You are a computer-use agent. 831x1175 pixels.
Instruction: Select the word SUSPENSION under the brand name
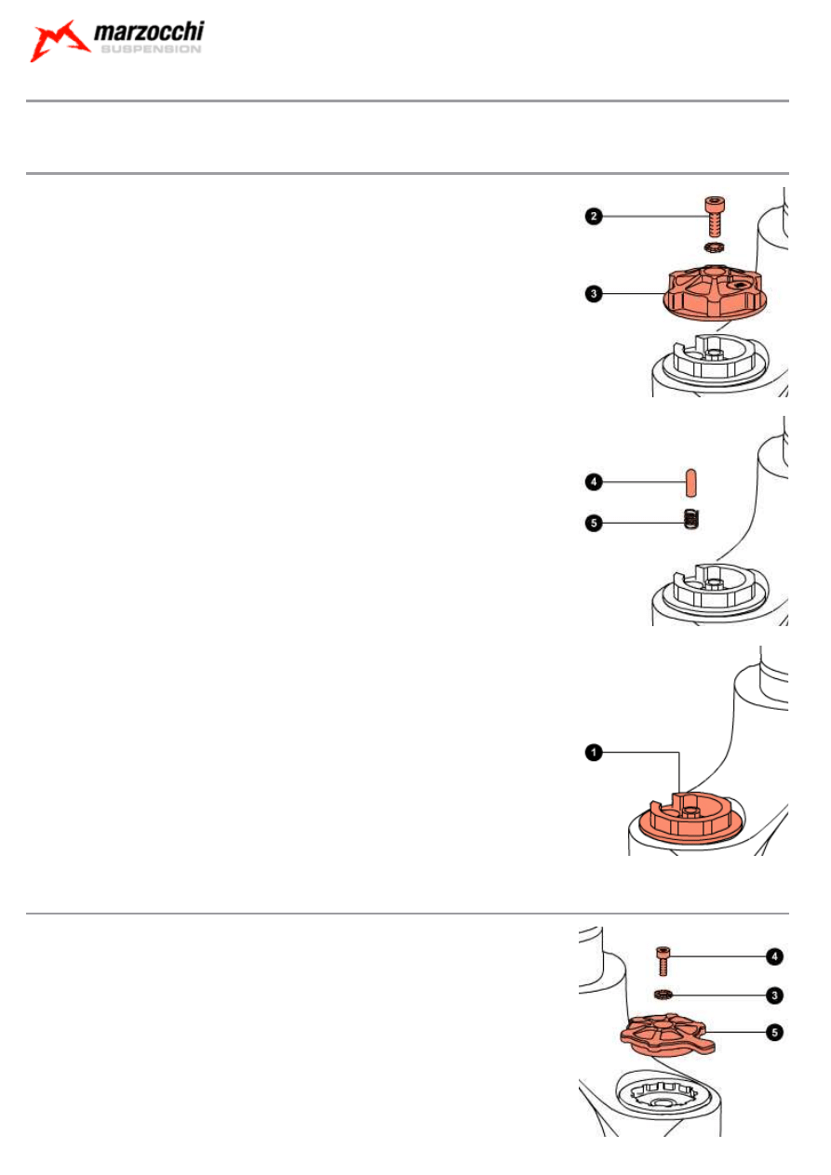149,50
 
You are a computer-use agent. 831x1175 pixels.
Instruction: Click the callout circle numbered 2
592,217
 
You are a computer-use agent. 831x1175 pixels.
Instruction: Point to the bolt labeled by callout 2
713,217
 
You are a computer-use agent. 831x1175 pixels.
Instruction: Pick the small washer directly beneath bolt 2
713,247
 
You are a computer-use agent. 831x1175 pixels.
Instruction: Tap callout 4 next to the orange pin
592,482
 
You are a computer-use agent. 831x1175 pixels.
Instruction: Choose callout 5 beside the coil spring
592,523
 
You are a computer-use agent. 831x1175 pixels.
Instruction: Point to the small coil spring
690,520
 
